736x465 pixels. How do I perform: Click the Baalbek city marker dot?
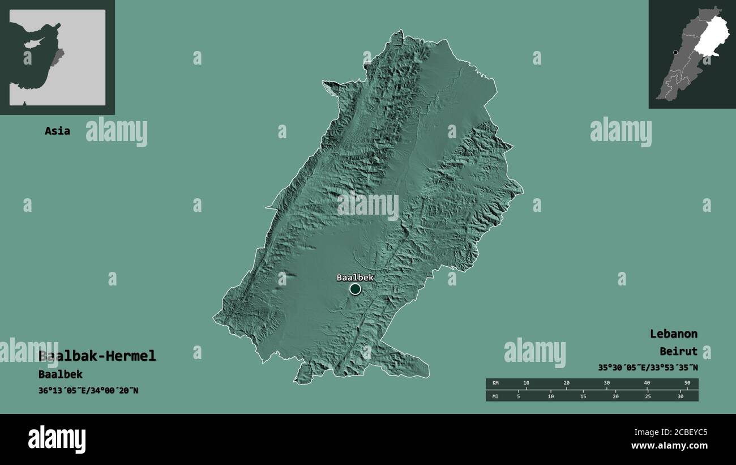coord(355,289)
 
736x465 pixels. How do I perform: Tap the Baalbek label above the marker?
coord(355,278)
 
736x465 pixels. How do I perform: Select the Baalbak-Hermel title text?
coord(97,356)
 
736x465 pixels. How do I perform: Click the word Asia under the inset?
coord(58,131)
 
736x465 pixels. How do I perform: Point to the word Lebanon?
coord(673,334)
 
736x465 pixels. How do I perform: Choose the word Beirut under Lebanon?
coord(678,351)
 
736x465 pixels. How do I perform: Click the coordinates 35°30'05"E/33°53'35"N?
coord(648,368)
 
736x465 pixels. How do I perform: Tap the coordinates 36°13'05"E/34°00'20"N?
coord(88,390)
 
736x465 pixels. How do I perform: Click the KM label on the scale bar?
coord(495,383)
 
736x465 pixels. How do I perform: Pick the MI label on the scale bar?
coord(495,396)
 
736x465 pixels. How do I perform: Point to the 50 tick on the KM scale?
coord(687,383)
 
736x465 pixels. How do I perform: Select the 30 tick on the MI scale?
coord(681,396)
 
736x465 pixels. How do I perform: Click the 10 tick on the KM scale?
coord(526,383)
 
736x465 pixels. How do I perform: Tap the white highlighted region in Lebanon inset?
coord(712,37)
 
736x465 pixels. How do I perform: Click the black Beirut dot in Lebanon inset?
coord(675,53)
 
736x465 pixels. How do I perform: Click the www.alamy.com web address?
coord(669,446)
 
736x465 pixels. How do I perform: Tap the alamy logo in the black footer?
coord(57,439)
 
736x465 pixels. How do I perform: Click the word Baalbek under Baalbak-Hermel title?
coord(61,374)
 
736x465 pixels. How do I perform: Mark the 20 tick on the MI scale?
coord(615,396)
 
